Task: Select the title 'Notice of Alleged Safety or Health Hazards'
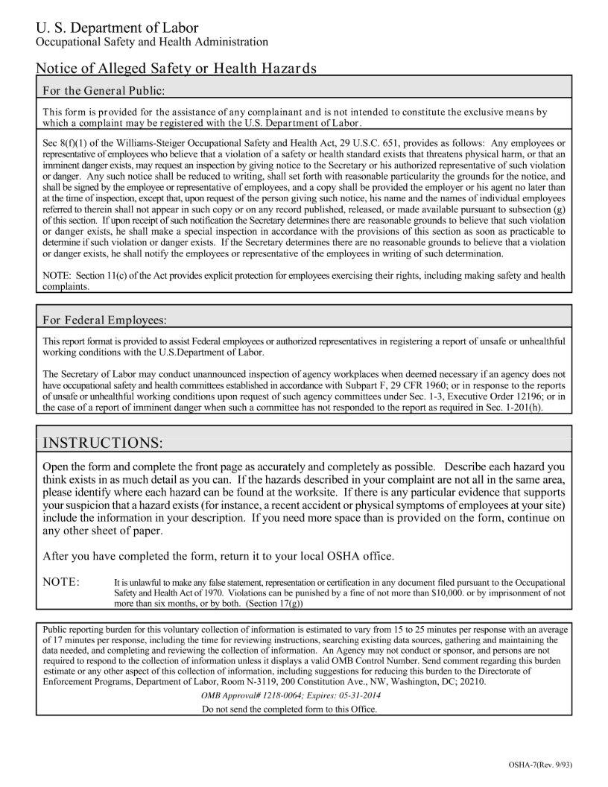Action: click(x=176, y=69)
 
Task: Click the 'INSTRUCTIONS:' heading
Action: click(x=102, y=443)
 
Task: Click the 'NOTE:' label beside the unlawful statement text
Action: click(x=62, y=581)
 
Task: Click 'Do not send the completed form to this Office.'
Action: click(x=289, y=709)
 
